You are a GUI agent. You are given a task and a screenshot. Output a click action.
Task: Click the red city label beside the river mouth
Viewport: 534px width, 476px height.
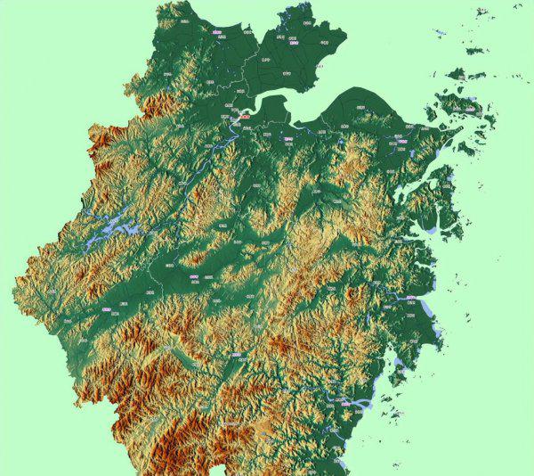[243, 116]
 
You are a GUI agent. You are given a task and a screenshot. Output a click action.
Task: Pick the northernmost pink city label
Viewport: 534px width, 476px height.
[218, 30]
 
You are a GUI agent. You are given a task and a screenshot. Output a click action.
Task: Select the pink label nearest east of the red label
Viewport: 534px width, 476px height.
[287, 138]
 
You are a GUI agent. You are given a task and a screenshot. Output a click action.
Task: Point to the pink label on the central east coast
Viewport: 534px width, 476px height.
[410, 300]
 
